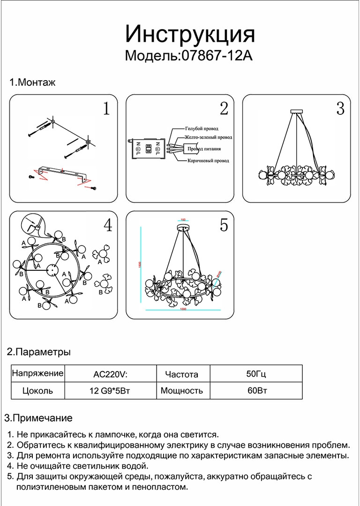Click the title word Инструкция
coord(190,35)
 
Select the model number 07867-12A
coord(216,56)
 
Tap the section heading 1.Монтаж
coord(32,83)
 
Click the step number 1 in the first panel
coord(106,109)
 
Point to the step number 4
coord(108,225)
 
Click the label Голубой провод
coord(202,128)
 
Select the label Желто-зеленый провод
coord(208,138)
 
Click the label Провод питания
coord(204,149)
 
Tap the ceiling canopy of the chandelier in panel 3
coord(297,112)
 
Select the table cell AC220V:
coord(111,374)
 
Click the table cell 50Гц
coord(256,374)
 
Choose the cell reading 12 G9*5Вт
coord(110,391)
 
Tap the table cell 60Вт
coord(256,390)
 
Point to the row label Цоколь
coord(37,391)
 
